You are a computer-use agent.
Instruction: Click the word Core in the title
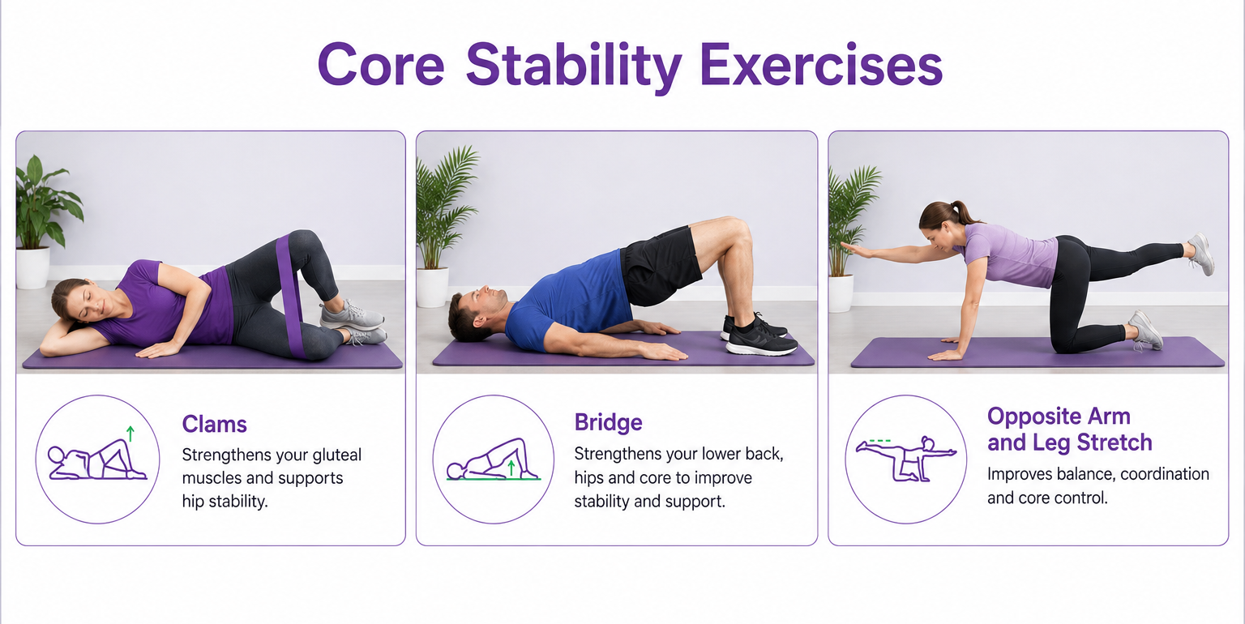[x=381, y=65]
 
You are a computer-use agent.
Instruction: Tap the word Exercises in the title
[x=821, y=65]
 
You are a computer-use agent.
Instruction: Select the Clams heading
[x=215, y=424]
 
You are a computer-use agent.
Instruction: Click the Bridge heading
[x=608, y=422]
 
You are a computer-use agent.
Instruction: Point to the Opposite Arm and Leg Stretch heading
[x=1069, y=429]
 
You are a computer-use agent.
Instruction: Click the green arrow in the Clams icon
[x=130, y=434]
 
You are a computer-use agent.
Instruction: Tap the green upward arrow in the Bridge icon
[x=511, y=468]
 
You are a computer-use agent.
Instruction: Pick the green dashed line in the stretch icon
[x=879, y=441]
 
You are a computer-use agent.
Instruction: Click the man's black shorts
[x=660, y=266]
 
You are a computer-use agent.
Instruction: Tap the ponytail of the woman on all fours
[x=962, y=212]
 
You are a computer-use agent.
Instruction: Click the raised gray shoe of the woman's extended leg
[x=1202, y=254]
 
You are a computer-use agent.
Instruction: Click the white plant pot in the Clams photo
[x=32, y=267]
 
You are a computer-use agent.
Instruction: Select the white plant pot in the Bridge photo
[x=433, y=287]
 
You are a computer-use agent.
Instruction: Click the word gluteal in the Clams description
[x=337, y=455]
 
